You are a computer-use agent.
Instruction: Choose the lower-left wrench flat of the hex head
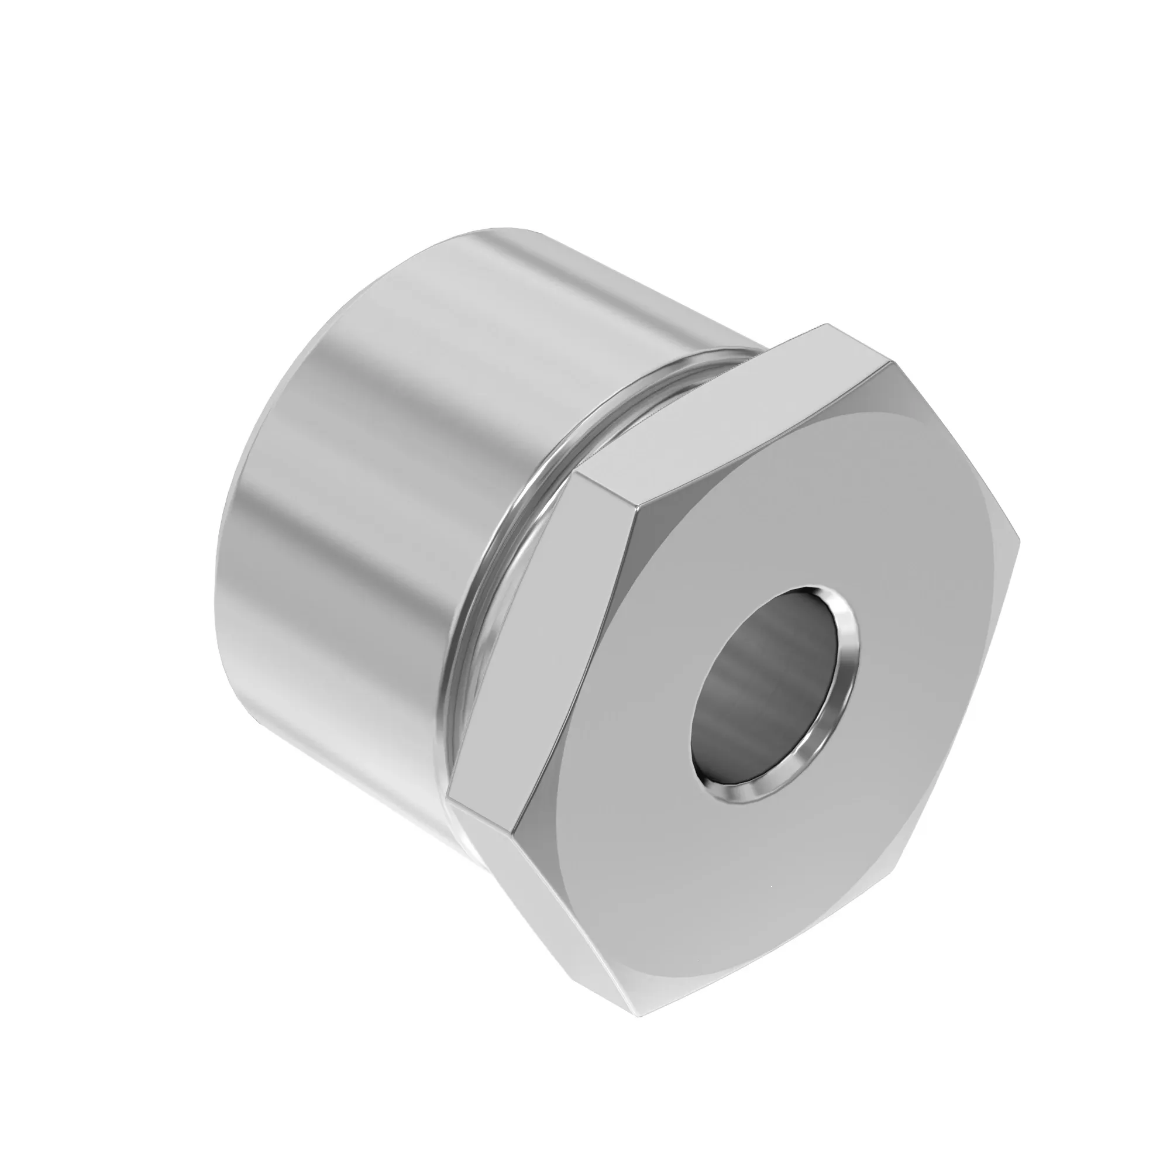pos(557,890)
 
